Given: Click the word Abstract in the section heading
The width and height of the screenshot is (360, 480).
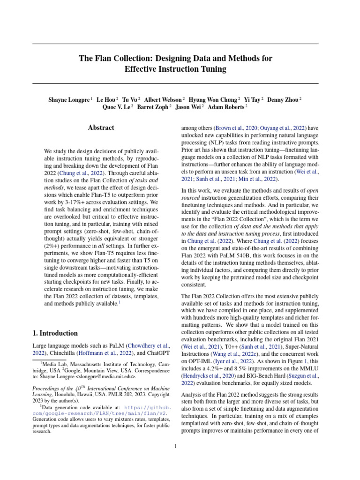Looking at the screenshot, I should tap(101, 127).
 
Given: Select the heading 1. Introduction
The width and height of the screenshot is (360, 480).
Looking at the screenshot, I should tap(55, 333).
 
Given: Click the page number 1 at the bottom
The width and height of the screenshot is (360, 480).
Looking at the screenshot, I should tap(175, 446).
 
